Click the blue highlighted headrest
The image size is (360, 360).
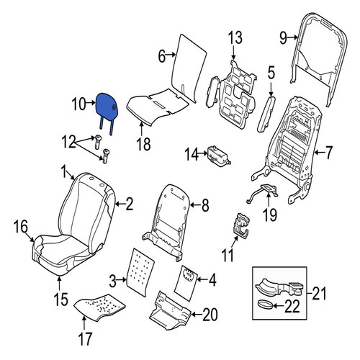[106, 108]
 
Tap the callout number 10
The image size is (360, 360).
[78, 104]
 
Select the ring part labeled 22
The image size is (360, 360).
[265, 305]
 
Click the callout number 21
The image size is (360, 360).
[320, 293]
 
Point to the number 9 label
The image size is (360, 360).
[283, 38]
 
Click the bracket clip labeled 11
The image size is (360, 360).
[241, 225]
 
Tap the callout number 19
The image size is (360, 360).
[270, 215]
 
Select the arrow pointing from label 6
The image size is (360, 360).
[171, 55]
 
